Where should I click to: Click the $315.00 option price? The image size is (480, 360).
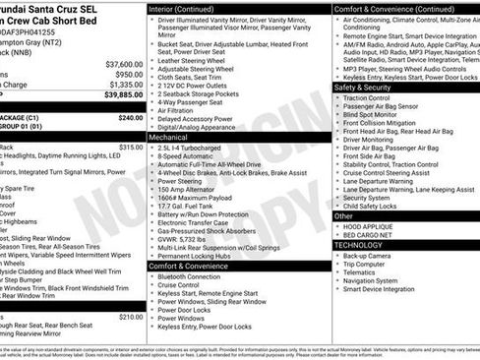click(x=131, y=147)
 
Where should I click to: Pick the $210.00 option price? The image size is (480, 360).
click(x=131, y=317)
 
